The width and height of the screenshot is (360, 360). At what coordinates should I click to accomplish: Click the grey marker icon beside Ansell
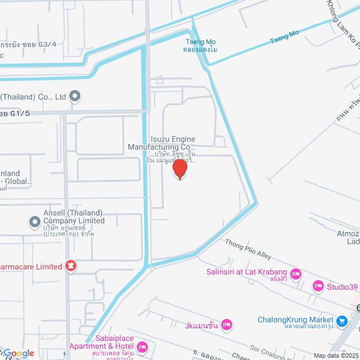pos(35,222)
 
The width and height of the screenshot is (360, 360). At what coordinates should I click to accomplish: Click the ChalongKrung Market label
pos(295,320)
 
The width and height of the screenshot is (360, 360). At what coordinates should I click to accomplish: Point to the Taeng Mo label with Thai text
pos(200,45)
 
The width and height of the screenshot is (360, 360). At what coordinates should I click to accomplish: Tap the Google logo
pos(19,353)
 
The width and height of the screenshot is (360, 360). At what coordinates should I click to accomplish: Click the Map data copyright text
pos(335,355)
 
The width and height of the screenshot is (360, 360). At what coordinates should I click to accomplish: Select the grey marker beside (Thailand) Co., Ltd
pos(75,97)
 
